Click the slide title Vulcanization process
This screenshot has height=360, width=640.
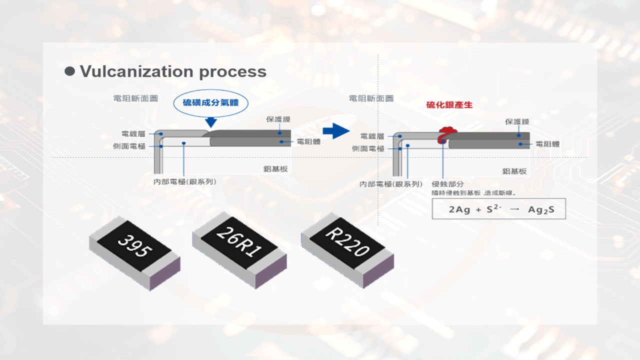(x=173, y=71)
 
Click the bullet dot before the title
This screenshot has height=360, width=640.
(x=70, y=71)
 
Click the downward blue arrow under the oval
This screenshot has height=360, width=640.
(x=210, y=121)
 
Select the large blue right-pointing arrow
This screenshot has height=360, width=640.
(x=335, y=131)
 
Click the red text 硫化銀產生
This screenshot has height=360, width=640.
(x=449, y=105)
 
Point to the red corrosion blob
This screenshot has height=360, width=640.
(x=446, y=134)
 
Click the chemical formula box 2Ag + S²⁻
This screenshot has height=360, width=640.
(x=499, y=209)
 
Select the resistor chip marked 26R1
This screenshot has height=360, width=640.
(x=239, y=249)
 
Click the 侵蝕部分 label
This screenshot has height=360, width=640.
(x=447, y=184)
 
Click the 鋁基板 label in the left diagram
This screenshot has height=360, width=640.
(x=275, y=169)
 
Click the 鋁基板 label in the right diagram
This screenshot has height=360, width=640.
(x=514, y=171)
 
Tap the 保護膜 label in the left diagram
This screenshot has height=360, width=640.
(x=278, y=120)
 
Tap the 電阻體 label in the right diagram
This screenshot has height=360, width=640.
(x=547, y=144)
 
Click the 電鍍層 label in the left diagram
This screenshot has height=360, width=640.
(x=133, y=134)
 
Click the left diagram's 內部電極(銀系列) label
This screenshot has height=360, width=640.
(x=184, y=181)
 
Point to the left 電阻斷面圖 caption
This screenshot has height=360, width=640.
(x=135, y=98)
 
